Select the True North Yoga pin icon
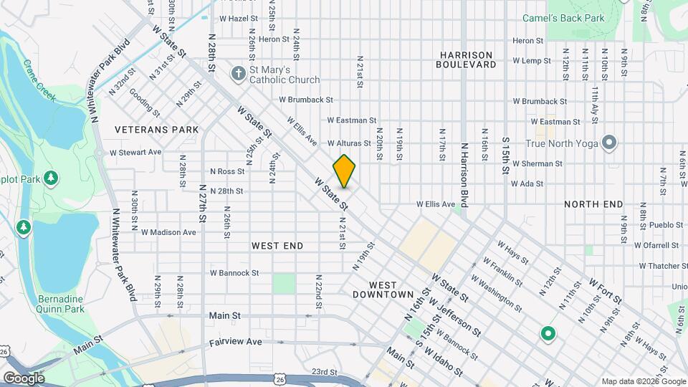[609, 143]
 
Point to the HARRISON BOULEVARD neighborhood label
[466, 59]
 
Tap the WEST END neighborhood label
[277, 246]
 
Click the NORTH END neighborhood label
[593, 204]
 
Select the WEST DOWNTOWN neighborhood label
[383, 290]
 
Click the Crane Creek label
[39, 82]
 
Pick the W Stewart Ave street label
[135, 153]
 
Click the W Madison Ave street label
[168, 232]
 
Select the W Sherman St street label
[537, 163]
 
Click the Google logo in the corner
[24, 378]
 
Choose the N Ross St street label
[227, 171]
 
